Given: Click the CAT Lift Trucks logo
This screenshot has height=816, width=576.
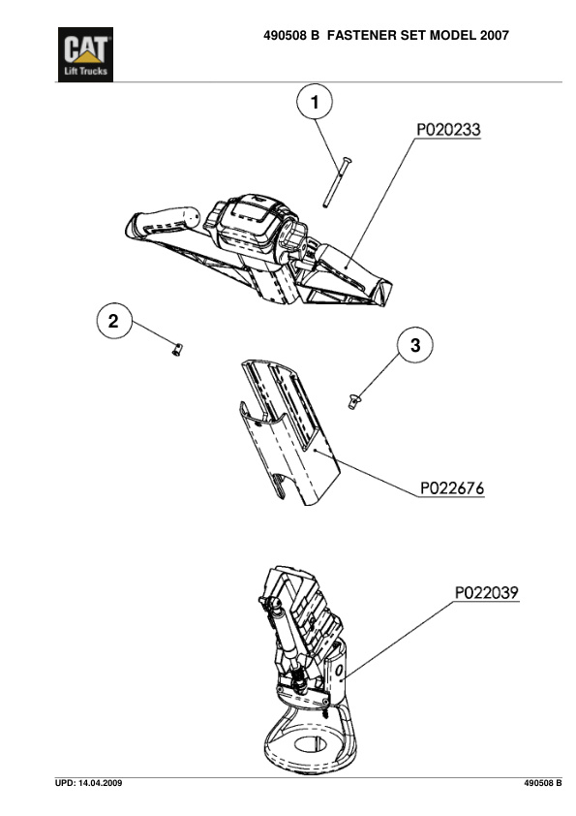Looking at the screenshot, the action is pyautogui.click(x=85, y=54).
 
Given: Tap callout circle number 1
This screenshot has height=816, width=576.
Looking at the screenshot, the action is pyautogui.click(x=315, y=103).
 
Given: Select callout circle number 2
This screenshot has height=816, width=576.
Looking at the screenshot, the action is pyautogui.click(x=114, y=321).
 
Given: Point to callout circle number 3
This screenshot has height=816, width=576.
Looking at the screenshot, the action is pyautogui.click(x=415, y=345).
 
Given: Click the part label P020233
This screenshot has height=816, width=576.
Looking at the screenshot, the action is pyautogui.click(x=449, y=130).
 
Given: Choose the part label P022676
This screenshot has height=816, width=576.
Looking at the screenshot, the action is pyautogui.click(x=452, y=488).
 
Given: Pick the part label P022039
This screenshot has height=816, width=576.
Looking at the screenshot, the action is pyautogui.click(x=487, y=593).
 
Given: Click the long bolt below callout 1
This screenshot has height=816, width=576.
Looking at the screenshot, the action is pyautogui.click(x=336, y=182).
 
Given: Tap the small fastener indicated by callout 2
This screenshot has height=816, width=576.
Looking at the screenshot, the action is pyautogui.click(x=177, y=349).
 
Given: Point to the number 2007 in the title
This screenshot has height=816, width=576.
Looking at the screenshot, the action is pyautogui.click(x=495, y=36).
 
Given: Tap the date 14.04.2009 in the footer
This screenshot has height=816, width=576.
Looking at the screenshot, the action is pyautogui.click(x=101, y=783).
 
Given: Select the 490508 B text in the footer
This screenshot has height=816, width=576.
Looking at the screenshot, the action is pyautogui.click(x=543, y=783).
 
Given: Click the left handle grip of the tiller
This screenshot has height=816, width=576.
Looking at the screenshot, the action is pyautogui.click(x=163, y=223).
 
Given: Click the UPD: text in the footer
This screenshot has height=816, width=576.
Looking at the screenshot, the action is pyautogui.click(x=66, y=783).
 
